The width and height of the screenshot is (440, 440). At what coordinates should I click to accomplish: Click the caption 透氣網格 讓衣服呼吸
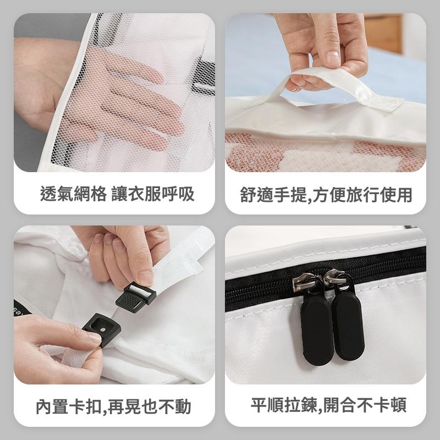coord(117,194)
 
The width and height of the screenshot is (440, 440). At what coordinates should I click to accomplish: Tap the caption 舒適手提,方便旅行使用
coord(326,195)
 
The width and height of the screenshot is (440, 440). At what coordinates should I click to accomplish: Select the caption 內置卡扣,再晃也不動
coord(114,406)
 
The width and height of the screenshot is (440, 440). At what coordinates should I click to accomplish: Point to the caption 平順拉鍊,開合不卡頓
coord(328,405)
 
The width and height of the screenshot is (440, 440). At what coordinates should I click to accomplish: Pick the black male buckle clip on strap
coord(135,298)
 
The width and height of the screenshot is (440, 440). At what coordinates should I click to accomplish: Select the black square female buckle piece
coord(102,328)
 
